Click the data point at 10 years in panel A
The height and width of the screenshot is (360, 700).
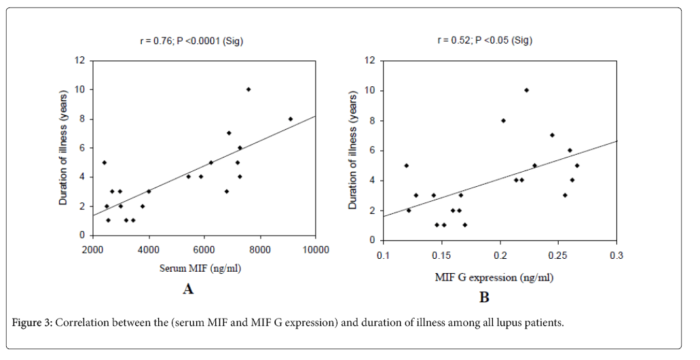(x=248, y=89)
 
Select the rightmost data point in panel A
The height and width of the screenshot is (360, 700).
(x=291, y=118)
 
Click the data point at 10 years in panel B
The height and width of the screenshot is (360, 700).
(x=526, y=90)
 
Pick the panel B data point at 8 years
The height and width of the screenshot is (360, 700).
(x=503, y=120)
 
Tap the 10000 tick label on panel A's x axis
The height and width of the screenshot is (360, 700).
(x=316, y=249)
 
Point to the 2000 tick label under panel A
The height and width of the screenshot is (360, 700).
(x=93, y=249)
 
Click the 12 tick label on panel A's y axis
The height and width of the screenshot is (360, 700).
(x=81, y=60)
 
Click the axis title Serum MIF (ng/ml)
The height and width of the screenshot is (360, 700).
(x=200, y=268)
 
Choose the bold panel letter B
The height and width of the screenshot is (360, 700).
(x=484, y=298)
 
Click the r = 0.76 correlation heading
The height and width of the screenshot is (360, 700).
(x=193, y=41)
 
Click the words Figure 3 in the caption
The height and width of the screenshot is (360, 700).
(x=32, y=323)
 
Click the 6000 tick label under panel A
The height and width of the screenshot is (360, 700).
(x=204, y=249)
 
